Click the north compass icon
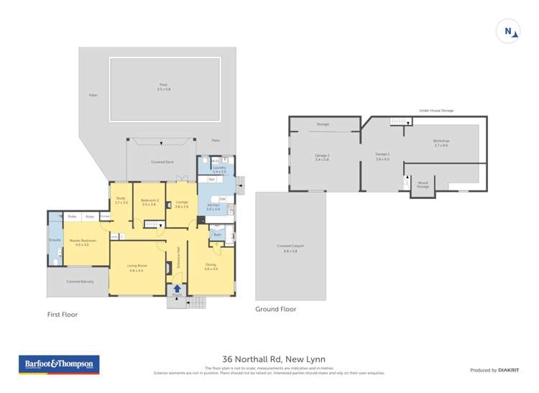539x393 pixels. (x=507, y=31)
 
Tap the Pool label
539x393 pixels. (x=165, y=87)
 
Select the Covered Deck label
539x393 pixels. (x=162, y=162)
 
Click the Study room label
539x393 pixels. (x=121, y=200)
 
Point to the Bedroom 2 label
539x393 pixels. (x=149, y=202)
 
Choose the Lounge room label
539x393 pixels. (x=181, y=203)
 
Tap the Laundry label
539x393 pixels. (x=219, y=170)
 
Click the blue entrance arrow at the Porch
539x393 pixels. (x=178, y=288)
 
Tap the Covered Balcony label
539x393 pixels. (x=78, y=281)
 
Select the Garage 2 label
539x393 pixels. (x=322, y=157)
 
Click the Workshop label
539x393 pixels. (x=441, y=142)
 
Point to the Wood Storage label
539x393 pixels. (x=423, y=184)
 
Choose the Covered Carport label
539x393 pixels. (x=290, y=248)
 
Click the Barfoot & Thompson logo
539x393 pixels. (x=59, y=364)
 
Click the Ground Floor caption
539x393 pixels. (x=276, y=309)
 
